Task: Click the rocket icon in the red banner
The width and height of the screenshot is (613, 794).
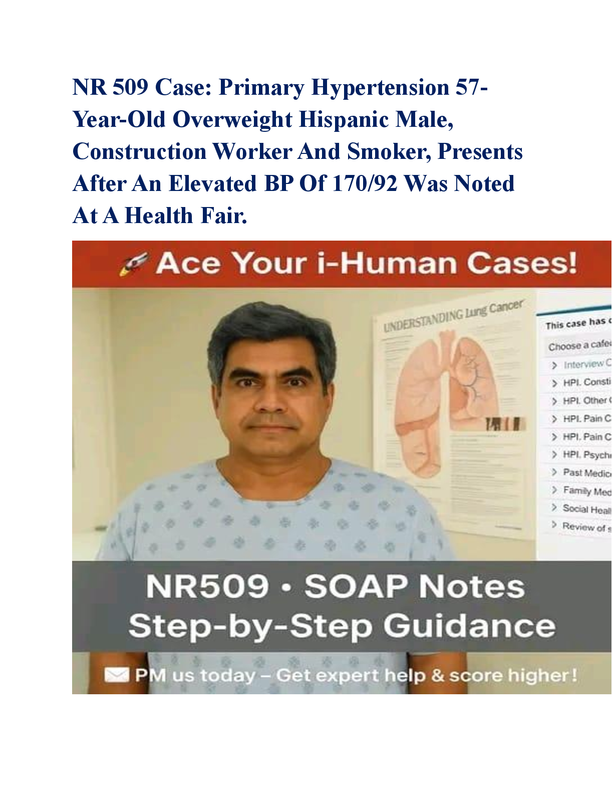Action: tap(133, 264)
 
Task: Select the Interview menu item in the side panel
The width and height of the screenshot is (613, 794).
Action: tap(583, 364)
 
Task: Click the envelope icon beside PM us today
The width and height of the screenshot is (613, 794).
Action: tap(116, 676)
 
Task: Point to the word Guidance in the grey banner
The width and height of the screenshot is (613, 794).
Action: tap(469, 626)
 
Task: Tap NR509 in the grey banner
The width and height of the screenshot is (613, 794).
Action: tap(207, 586)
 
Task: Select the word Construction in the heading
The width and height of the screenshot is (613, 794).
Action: tap(139, 152)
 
